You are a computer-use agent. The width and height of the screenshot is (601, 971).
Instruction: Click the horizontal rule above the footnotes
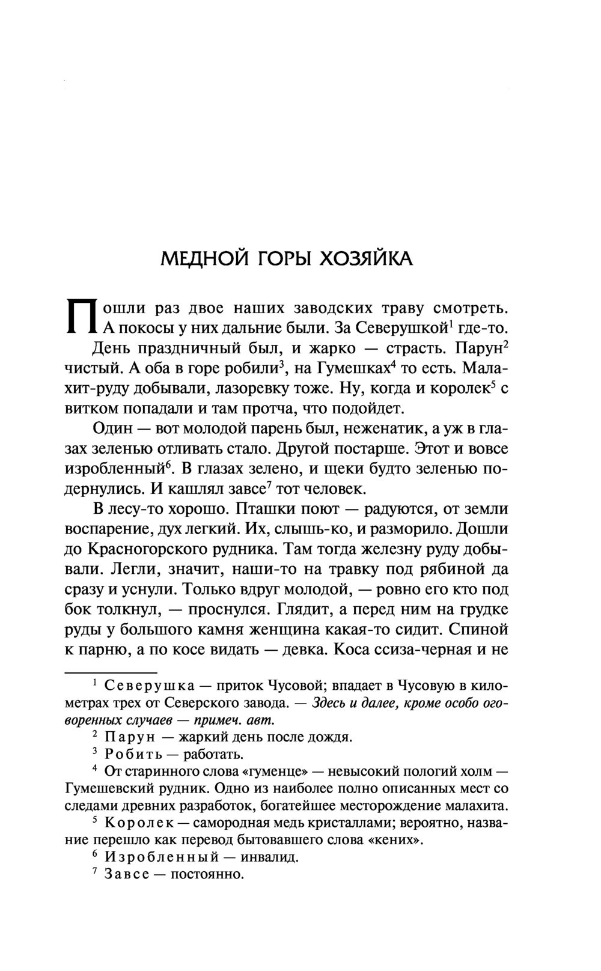pyautogui.click(x=111, y=672)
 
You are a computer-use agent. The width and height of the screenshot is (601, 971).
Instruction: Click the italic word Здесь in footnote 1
pyautogui.click(x=332, y=702)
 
